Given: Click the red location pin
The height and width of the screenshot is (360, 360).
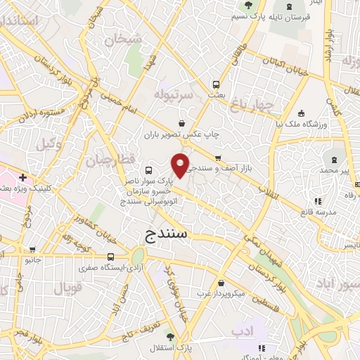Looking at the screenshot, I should pyautogui.click(x=181, y=165).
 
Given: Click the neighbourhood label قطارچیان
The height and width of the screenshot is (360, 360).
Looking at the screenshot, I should pyautogui.click(x=110, y=160).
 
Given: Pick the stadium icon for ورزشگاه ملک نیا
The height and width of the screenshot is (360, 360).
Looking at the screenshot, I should pyautogui.click(x=301, y=113).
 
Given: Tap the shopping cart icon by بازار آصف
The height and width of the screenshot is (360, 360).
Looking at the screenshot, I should pyautogui.click(x=218, y=157).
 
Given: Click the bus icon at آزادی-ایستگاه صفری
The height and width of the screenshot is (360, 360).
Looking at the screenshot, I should pyautogui.click(x=110, y=257).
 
